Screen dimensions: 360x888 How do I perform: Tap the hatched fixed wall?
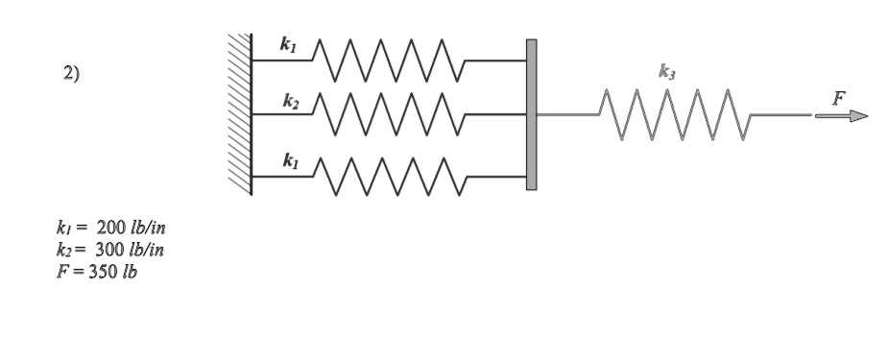pyautogui.click(x=239, y=115)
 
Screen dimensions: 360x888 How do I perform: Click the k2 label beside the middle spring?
pyautogui.click(x=288, y=100)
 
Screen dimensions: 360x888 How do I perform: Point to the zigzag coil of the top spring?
pyautogui.click(x=390, y=60)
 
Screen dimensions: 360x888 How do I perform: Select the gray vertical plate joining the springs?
pyautogui.click(x=531, y=115)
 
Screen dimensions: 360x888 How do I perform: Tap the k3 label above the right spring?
pyautogui.click(x=665, y=71)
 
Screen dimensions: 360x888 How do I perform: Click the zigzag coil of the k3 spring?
pyautogui.click(x=671, y=115)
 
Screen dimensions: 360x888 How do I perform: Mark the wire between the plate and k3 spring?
pyautogui.click(x=566, y=115)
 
